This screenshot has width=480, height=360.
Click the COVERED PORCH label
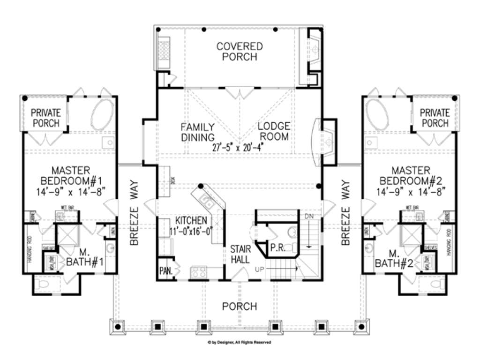click(240, 52)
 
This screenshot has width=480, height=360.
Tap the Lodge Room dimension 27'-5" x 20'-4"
click(239, 147)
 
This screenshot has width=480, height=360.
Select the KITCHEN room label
click(191, 220)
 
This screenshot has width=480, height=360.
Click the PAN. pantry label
click(165, 270)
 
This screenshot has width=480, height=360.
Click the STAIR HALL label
click(240, 254)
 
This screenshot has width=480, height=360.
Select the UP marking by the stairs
click(259, 269)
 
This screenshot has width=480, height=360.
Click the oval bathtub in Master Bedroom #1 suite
click(102, 114)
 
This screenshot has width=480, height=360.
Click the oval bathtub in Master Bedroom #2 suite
click(377, 114)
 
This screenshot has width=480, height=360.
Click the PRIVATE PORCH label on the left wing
click(45, 118)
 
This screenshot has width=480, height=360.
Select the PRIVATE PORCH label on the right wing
click(434, 118)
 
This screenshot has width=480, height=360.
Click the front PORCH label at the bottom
click(240, 307)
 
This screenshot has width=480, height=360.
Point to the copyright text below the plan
click(240, 343)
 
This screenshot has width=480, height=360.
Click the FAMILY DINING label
click(198, 132)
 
